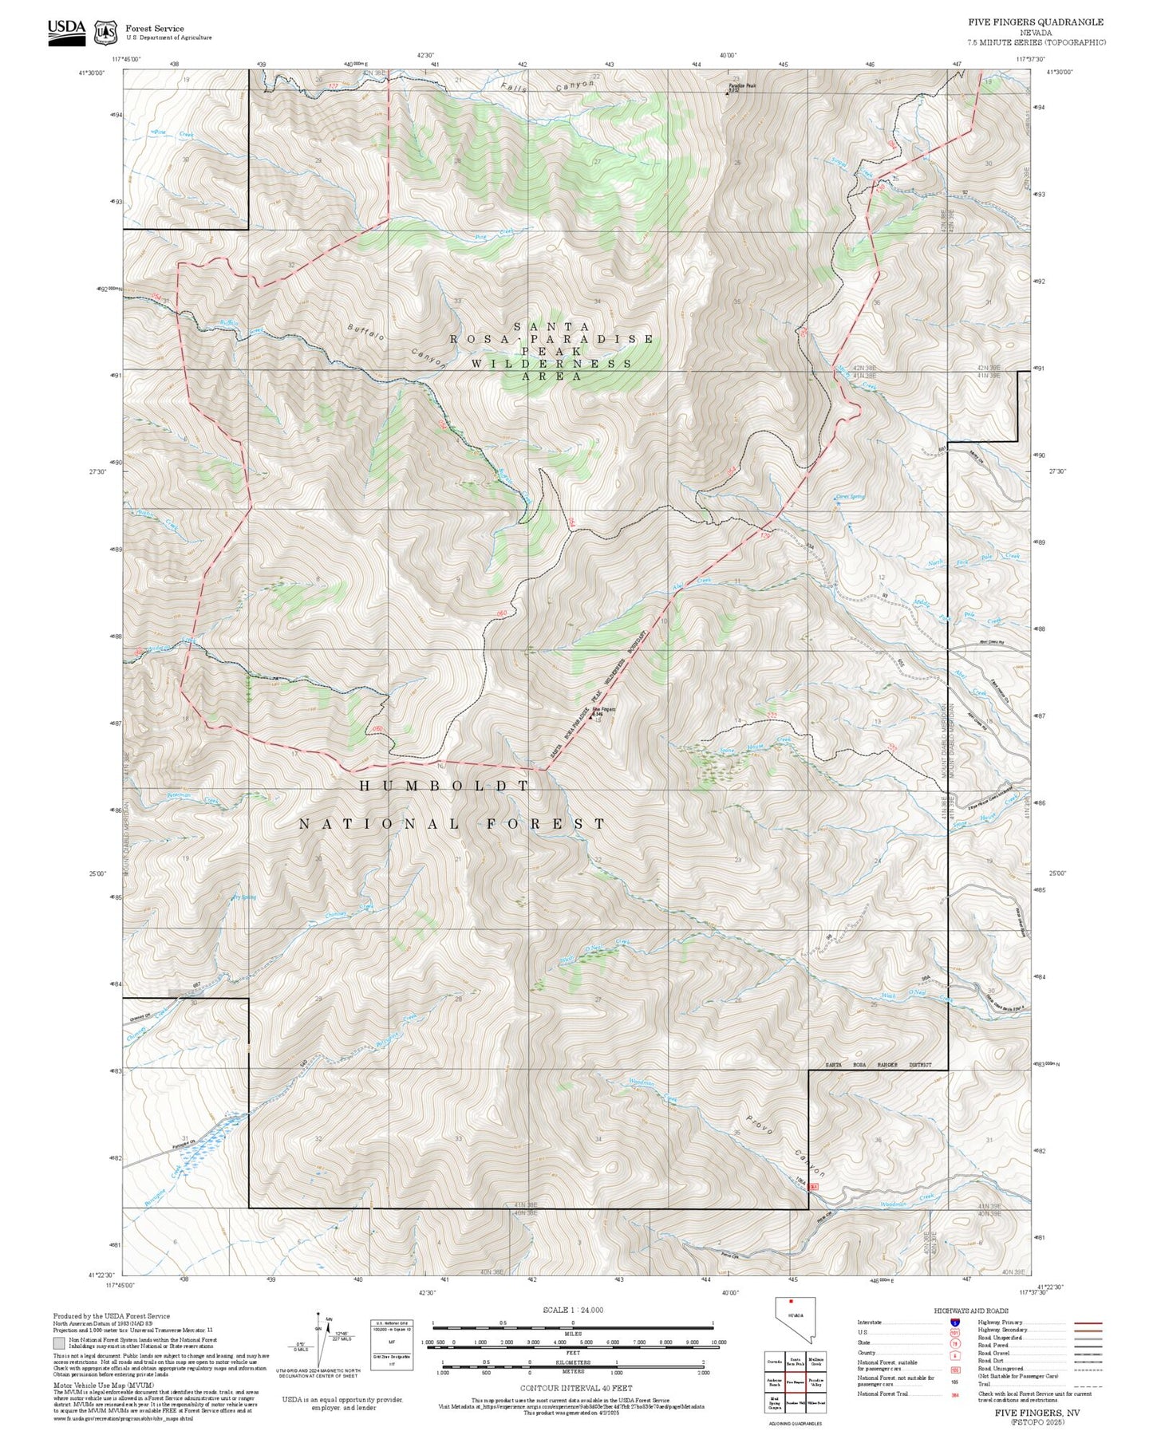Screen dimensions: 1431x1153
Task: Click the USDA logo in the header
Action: click(x=66, y=32)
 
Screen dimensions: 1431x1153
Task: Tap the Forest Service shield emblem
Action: click(x=105, y=33)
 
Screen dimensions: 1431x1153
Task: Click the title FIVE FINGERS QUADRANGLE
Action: click(x=1036, y=22)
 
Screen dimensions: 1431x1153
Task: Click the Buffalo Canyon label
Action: click(x=397, y=345)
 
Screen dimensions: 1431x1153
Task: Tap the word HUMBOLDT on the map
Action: click(x=444, y=786)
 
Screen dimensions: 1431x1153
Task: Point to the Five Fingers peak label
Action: click(x=603, y=711)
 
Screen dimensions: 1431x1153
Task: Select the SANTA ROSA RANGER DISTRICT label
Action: click(x=878, y=1065)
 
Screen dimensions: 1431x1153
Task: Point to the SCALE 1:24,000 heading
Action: click(x=572, y=1310)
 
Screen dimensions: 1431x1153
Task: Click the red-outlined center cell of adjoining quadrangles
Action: click(x=794, y=1381)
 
